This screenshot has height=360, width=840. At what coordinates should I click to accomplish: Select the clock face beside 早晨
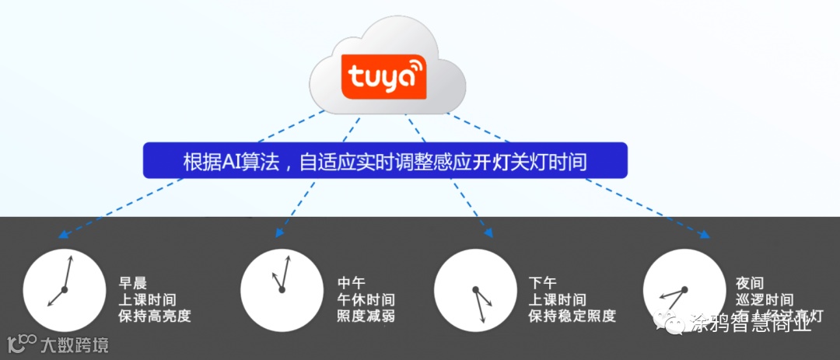click(x=64, y=289)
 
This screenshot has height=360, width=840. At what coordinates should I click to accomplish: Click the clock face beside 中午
click(x=281, y=289)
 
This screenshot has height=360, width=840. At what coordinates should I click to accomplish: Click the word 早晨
click(x=132, y=283)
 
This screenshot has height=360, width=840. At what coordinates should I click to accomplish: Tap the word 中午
click(x=351, y=283)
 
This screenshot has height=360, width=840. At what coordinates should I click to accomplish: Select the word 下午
click(x=543, y=283)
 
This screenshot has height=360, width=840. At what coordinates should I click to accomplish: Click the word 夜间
click(x=750, y=283)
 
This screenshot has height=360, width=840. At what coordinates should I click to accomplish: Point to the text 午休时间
click(x=365, y=299)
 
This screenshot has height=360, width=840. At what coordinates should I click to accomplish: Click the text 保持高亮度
click(x=154, y=316)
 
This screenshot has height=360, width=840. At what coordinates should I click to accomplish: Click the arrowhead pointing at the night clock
click(x=707, y=236)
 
